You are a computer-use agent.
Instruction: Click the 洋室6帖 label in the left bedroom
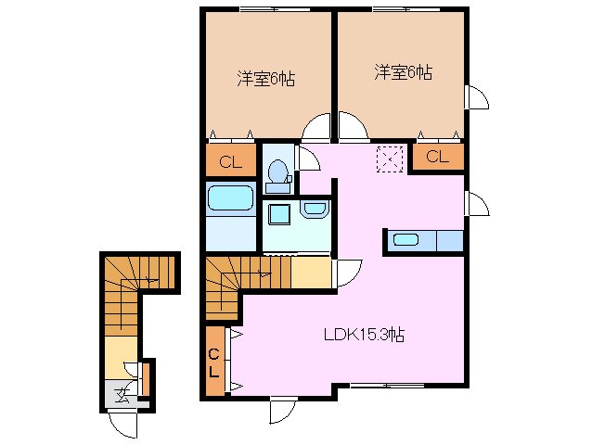(x=265, y=79)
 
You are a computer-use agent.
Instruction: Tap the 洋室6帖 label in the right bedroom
(x=403, y=71)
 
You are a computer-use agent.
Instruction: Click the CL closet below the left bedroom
(x=228, y=162)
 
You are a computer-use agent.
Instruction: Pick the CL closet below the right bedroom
(x=436, y=157)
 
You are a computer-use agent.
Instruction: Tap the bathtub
(x=230, y=199)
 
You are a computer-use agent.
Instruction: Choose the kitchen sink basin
(x=406, y=240)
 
